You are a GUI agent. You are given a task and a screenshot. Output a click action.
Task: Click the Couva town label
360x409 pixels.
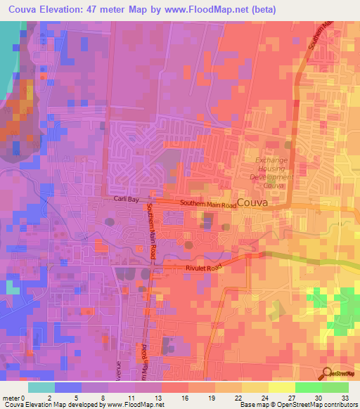[x=252, y=203]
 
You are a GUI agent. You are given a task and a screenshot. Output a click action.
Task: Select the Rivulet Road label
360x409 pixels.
[x=203, y=267]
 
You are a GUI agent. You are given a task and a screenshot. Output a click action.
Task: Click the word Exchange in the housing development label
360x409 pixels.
[x=271, y=160]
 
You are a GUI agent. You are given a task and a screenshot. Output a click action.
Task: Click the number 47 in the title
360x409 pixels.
[x=94, y=10]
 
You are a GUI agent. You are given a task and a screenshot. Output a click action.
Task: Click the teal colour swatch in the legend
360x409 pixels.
[x=41, y=387]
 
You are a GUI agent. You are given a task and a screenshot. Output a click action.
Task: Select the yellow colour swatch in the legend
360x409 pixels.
[x=282, y=387]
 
